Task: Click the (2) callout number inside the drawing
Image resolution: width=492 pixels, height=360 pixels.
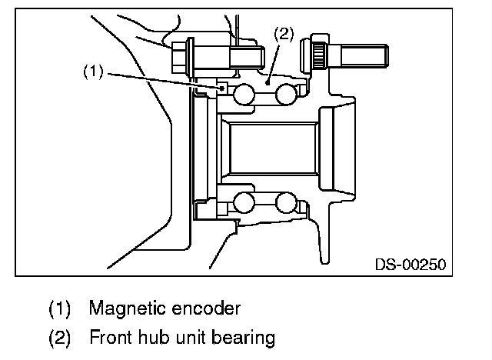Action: click(283, 34)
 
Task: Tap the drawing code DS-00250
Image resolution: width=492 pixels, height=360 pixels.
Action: click(411, 265)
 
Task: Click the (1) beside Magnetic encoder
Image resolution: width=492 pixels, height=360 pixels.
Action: click(60, 310)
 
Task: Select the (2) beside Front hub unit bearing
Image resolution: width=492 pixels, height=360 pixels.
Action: click(60, 337)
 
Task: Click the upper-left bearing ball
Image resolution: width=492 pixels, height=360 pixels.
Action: click(245, 95)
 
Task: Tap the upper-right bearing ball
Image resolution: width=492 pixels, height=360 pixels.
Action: click(285, 95)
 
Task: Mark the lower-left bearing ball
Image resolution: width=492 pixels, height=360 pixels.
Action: click(245, 202)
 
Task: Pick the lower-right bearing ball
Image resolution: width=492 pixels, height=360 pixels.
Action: click(285, 202)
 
